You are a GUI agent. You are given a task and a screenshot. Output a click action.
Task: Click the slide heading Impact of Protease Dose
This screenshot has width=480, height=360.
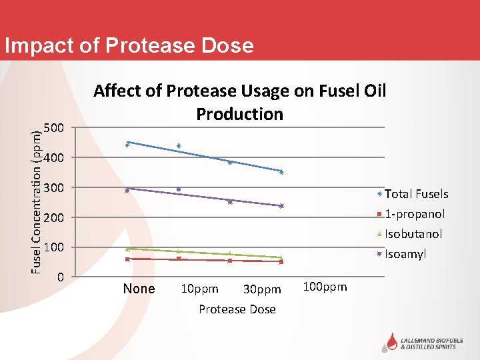129,45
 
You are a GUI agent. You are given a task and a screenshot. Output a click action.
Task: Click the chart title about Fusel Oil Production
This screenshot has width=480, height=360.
239,102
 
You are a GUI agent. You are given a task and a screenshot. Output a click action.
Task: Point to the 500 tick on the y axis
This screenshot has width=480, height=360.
54,127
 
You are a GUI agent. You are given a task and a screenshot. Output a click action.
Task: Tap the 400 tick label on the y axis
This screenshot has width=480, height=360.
54,157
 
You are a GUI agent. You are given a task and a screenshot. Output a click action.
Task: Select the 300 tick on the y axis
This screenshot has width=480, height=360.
54,187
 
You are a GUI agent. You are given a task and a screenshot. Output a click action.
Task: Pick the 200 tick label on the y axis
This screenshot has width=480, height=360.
54,217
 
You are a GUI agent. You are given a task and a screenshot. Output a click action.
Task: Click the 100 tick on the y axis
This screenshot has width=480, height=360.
54,247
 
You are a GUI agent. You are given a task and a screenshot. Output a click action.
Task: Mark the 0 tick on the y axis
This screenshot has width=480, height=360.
60,276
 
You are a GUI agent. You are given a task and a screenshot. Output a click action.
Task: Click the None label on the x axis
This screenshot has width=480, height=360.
139,289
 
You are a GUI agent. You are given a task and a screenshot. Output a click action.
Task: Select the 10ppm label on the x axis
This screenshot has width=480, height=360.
199,289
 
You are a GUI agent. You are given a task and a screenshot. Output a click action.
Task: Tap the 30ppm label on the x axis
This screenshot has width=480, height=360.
262,289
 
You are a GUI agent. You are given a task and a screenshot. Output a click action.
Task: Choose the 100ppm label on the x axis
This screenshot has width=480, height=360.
325,287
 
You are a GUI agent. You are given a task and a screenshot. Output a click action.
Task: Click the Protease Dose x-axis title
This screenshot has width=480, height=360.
237,309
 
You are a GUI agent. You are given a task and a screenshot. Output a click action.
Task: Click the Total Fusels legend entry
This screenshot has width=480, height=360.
416,194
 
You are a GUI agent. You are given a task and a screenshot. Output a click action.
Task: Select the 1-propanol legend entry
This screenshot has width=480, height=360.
414,214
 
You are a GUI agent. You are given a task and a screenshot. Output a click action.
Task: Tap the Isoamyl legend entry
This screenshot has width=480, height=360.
405,254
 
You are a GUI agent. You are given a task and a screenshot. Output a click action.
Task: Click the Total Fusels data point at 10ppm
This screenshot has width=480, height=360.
179,146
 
